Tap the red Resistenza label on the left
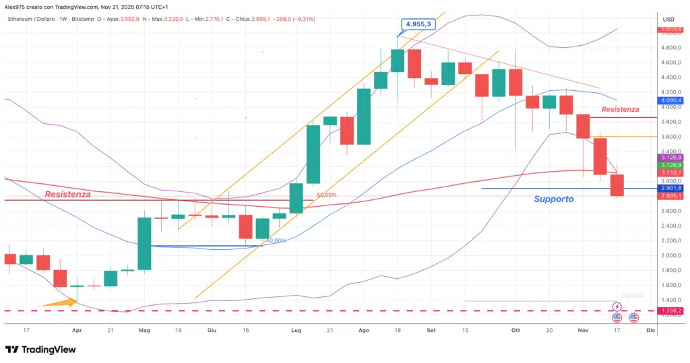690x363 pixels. tap(67, 194)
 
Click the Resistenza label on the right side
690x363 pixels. tap(620, 109)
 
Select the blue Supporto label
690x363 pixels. tap(553, 199)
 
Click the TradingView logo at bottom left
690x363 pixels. tap(40, 350)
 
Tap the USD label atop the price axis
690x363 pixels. tap(668, 19)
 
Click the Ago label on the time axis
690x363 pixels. tap(365, 330)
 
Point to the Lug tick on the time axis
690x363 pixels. tap(296, 330)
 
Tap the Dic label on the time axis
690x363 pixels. tap(650, 330)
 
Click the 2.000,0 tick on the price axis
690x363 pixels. tap(668, 255)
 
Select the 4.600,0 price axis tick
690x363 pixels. tap(668, 63)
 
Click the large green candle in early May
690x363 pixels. tap(145, 243)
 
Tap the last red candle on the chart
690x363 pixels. tap(617, 185)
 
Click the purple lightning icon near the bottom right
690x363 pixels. tap(617, 307)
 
